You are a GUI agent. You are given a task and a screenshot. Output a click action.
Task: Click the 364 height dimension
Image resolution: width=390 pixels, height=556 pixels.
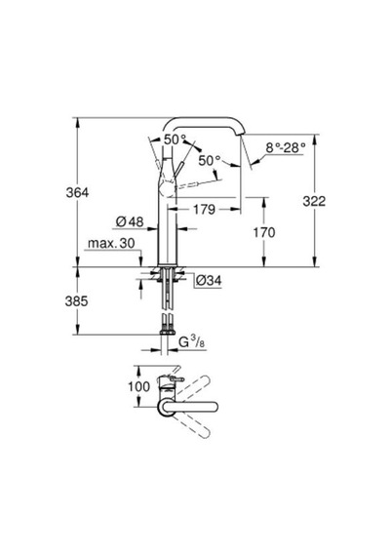click(x=77, y=192)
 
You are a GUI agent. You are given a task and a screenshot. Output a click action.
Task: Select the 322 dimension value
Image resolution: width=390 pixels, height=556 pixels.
click(x=314, y=201)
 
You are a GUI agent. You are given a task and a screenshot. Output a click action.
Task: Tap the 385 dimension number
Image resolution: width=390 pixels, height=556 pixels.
click(x=76, y=301)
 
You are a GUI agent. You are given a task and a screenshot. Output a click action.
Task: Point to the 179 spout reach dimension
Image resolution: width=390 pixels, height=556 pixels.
click(x=204, y=209)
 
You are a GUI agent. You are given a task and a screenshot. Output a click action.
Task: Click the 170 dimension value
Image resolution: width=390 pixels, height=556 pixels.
click(x=264, y=232)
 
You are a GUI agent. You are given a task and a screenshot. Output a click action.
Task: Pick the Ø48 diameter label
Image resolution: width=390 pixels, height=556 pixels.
click(x=130, y=222)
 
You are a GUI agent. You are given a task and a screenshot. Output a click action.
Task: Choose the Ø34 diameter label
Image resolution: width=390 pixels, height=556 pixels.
click(x=209, y=281)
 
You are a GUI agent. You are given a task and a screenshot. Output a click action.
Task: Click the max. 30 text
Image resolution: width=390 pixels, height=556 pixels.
click(x=111, y=243)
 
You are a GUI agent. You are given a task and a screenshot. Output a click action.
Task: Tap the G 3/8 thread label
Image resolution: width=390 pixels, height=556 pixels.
click(x=191, y=341)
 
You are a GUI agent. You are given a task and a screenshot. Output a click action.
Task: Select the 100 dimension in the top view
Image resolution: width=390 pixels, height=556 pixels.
click(x=139, y=386)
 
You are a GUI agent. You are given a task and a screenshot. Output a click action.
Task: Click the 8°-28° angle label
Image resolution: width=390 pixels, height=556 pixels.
click(x=286, y=147)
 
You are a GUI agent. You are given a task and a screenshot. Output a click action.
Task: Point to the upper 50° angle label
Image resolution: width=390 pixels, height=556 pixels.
click(x=175, y=139)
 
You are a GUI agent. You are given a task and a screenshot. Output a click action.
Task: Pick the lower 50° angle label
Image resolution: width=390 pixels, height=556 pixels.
click(x=210, y=161)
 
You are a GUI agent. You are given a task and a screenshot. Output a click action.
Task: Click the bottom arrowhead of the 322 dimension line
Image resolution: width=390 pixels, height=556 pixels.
click(x=314, y=262)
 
